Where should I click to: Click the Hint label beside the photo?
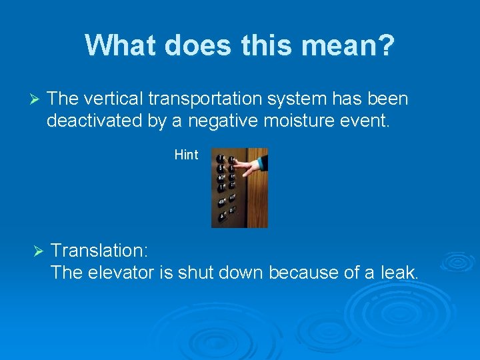(186, 155)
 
